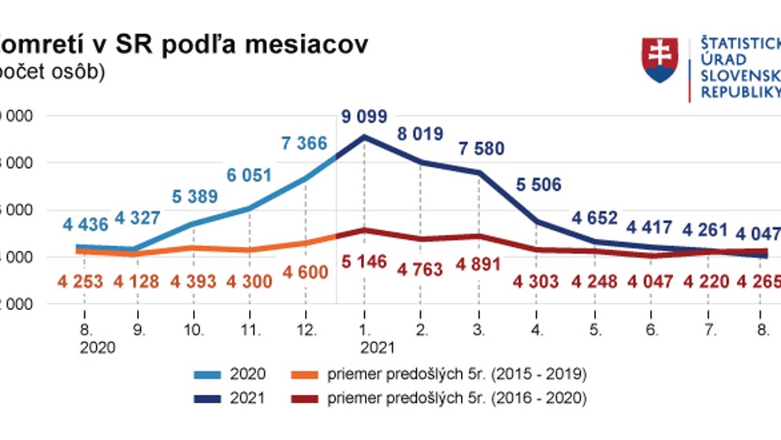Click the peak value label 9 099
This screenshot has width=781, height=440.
pyautogui.click(x=364, y=117)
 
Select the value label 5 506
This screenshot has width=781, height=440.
pyautogui.click(x=538, y=185)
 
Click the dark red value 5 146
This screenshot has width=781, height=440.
pyautogui.click(x=364, y=262)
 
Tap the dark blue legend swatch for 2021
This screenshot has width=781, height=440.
pyautogui.click(x=209, y=398)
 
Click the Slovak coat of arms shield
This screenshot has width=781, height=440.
pyautogui.click(x=660, y=62)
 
